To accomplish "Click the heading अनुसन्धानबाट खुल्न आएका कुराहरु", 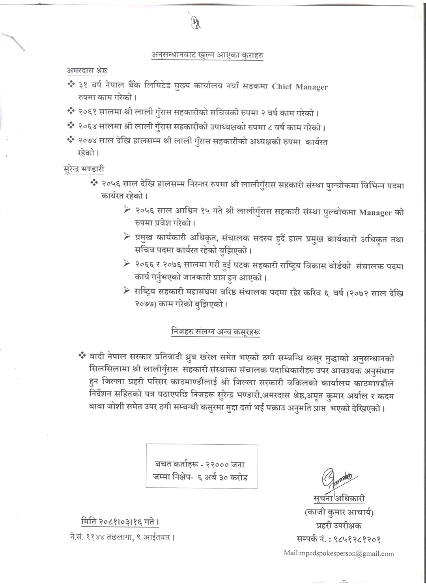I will pyautogui.click(x=208, y=55).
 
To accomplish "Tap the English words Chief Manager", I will pyautogui.click(x=300, y=86).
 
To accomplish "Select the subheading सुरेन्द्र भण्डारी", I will pyautogui.click(x=84, y=169).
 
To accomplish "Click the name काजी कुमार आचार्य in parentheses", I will pyautogui.click(x=339, y=513).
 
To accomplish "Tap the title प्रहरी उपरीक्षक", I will pyautogui.click(x=339, y=525).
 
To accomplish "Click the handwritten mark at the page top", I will pyautogui.click(x=196, y=24).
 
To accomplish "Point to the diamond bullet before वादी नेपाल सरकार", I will pyautogui.click(x=82, y=356).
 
